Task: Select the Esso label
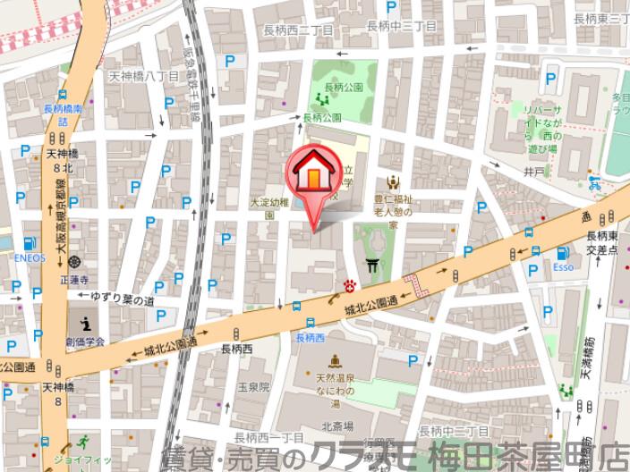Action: pos(562,266)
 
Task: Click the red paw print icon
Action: pos(350,285)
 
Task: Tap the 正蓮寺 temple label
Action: pos(73,277)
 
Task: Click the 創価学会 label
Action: pos(85,341)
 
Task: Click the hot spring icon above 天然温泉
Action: pos(334,361)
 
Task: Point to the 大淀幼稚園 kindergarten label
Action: pos(269,208)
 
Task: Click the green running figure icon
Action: pos(82,442)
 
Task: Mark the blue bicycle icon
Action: pos(595,185)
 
